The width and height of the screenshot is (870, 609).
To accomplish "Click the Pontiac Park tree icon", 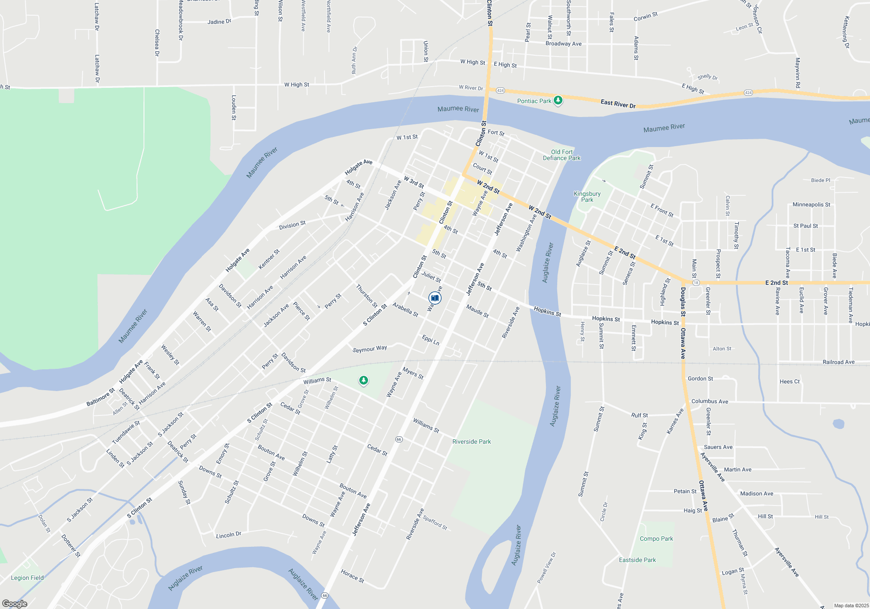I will [x=558, y=100].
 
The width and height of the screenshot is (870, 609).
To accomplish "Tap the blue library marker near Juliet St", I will [x=435, y=298].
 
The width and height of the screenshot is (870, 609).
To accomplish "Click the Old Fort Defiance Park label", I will [x=562, y=155].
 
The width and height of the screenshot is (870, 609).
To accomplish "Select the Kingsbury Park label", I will [x=587, y=197].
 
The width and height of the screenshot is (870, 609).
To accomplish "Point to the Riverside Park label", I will [x=472, y=442].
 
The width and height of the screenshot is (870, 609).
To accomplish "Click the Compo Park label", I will [x=656, y=539].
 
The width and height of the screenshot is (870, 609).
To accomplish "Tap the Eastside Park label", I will [x=637, y=560].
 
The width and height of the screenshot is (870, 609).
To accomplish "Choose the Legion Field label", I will [x=27, y=578].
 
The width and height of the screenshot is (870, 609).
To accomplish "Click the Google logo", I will [x=15, y=603].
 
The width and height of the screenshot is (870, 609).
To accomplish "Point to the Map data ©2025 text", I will [x=851, y=606].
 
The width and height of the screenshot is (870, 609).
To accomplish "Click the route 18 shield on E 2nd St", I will [x=696, y=283].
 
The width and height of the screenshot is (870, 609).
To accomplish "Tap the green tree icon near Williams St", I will [x=363, y=381].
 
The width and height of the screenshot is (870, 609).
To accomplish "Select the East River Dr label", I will [x=618, y=104].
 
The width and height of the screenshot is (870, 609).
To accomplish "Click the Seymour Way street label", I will [x=369, y=349].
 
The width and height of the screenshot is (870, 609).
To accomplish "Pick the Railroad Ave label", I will [x=838, y=362].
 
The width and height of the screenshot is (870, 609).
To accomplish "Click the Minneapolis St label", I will [x=811, y=204].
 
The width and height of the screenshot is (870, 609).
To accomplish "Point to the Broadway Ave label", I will [x=563, y=43].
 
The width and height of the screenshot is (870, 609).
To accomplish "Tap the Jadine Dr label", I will [x=219, y=22].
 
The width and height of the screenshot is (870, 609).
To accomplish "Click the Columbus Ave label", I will [x=709, y=402].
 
